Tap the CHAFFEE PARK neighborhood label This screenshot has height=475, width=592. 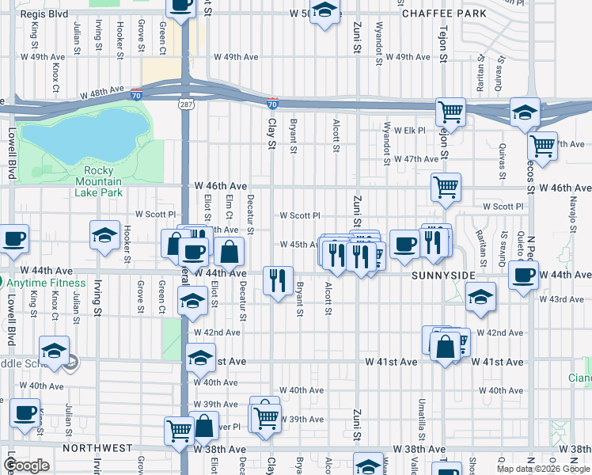(443, 14)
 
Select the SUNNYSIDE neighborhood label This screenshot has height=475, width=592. (443, 275)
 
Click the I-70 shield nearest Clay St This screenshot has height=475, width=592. (271, 104)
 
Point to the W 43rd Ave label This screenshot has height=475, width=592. (561, 298)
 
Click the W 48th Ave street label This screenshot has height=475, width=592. (103, 93)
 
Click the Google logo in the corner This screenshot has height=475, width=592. (26, 466)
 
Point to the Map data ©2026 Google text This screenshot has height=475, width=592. (543, 469)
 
